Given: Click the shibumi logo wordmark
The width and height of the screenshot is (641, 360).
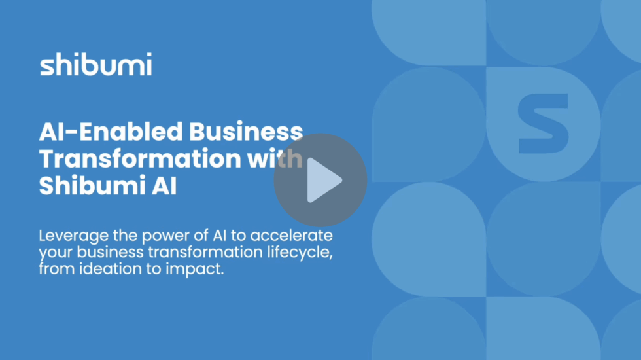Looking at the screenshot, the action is (x=95, y=64).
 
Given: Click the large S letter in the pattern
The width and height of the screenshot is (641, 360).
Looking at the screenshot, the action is (x=544, y=124).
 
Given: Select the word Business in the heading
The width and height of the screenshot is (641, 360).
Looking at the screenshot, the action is (x=246, y=132).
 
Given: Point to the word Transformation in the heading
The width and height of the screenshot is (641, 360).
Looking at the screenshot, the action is (x=140, y=158).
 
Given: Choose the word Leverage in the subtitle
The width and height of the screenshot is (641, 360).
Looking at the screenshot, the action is (x=73, y=236).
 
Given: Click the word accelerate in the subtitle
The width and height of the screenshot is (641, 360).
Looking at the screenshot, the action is (x=292, y=236).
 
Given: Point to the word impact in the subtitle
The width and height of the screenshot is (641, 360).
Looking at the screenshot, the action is (x=195, y=269).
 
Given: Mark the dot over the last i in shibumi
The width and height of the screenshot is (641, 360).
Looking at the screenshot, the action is (x=149, y=55).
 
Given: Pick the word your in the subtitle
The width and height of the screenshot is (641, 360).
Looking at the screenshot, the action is (x=56, y=254).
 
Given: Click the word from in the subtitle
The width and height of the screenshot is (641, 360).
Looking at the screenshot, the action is (x=57, y=269).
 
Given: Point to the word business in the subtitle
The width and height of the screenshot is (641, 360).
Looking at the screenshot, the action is (x=111, y=253).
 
